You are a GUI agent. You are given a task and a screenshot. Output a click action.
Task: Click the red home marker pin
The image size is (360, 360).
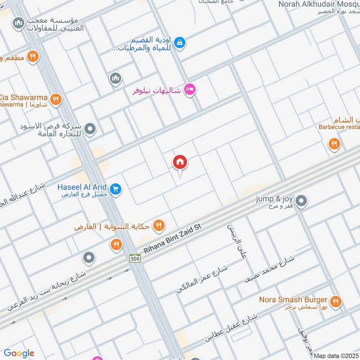coord(180,162)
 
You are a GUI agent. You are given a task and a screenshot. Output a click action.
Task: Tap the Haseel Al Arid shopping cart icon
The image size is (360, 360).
coord(116,189)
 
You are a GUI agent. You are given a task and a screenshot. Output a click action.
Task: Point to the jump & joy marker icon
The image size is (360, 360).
coord(301,201)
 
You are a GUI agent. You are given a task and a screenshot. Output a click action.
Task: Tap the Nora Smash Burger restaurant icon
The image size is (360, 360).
coord(335,302)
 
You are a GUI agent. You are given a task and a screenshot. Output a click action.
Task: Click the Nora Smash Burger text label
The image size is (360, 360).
coord(292,299)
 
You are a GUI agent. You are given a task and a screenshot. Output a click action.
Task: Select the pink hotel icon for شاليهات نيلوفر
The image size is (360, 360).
coord(189,90)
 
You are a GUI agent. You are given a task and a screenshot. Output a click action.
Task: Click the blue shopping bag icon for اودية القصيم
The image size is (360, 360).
coord(180,43)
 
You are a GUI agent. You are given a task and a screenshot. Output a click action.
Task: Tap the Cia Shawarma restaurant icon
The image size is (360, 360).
coord(55,99)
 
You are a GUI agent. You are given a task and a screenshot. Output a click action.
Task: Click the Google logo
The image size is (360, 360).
coord(19,353)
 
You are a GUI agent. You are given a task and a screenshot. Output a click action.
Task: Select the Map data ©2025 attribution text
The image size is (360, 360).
coord(336,355)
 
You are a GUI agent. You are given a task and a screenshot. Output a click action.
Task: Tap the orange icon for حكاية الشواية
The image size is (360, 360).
coord(158,225)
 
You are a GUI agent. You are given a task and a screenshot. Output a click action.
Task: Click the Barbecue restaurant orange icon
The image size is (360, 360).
coord(333,144)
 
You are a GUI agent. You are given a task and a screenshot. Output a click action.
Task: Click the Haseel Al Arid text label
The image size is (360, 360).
coord(82,186)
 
